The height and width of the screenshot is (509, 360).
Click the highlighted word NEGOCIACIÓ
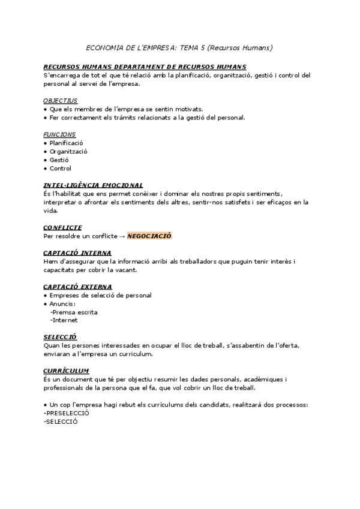pyautogui.click(x=149, y=236)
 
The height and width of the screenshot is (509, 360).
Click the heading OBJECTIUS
pyautogui.click(x=61, y=101)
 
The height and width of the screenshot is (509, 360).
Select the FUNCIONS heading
pyautogui.click(x=59, y=135)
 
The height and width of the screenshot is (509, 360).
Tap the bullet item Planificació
pyautogui.click(x=66, y=143)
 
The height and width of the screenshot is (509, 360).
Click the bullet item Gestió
pyautogui.click(x=59, y=160)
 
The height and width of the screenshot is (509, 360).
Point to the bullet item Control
pyautogui.click(x=60, y=169)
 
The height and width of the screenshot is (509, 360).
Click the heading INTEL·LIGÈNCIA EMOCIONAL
pyautogui.click(x=93, y=185)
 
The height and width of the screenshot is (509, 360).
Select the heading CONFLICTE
pyautogui.click(x=63, y=228)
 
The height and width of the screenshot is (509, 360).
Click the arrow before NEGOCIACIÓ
pyautogui.click(x=122, y=236)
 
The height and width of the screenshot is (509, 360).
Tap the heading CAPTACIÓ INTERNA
pyautogui.click(x=77, y=253)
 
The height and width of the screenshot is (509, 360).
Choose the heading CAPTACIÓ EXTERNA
pyautogui.click(x=78, y=287)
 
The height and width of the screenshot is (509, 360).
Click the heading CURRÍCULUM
pyautogui.click(x=67, y=371)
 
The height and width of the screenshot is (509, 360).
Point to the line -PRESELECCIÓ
pyautogui.click(x=66, y=414)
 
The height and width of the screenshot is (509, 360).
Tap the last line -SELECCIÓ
pyautogui.click(x=61, y=422)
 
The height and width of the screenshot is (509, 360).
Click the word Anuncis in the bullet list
pyautogui.click(x=62, y=304)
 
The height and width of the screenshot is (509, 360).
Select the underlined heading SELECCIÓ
pyautogui.click(x=61, y=337)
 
